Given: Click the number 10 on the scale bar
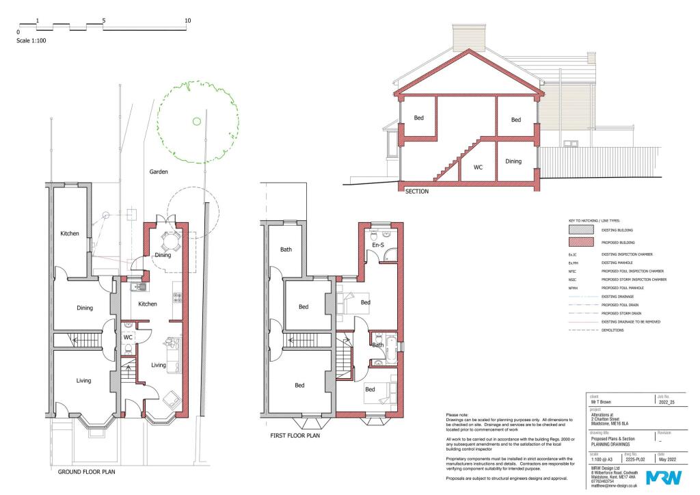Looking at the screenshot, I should (x=188, y=21).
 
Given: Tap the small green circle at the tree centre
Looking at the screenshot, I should (x=196, y=122).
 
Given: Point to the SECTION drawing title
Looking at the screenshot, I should (x=417, y=192).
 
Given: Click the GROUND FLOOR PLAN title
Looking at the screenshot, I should (x=86, y=472).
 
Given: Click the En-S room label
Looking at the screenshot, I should (x=378, y=244).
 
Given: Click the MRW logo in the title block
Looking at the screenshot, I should (x=659, y=477).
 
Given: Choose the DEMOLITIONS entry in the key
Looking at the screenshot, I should (x=615, y=330).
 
